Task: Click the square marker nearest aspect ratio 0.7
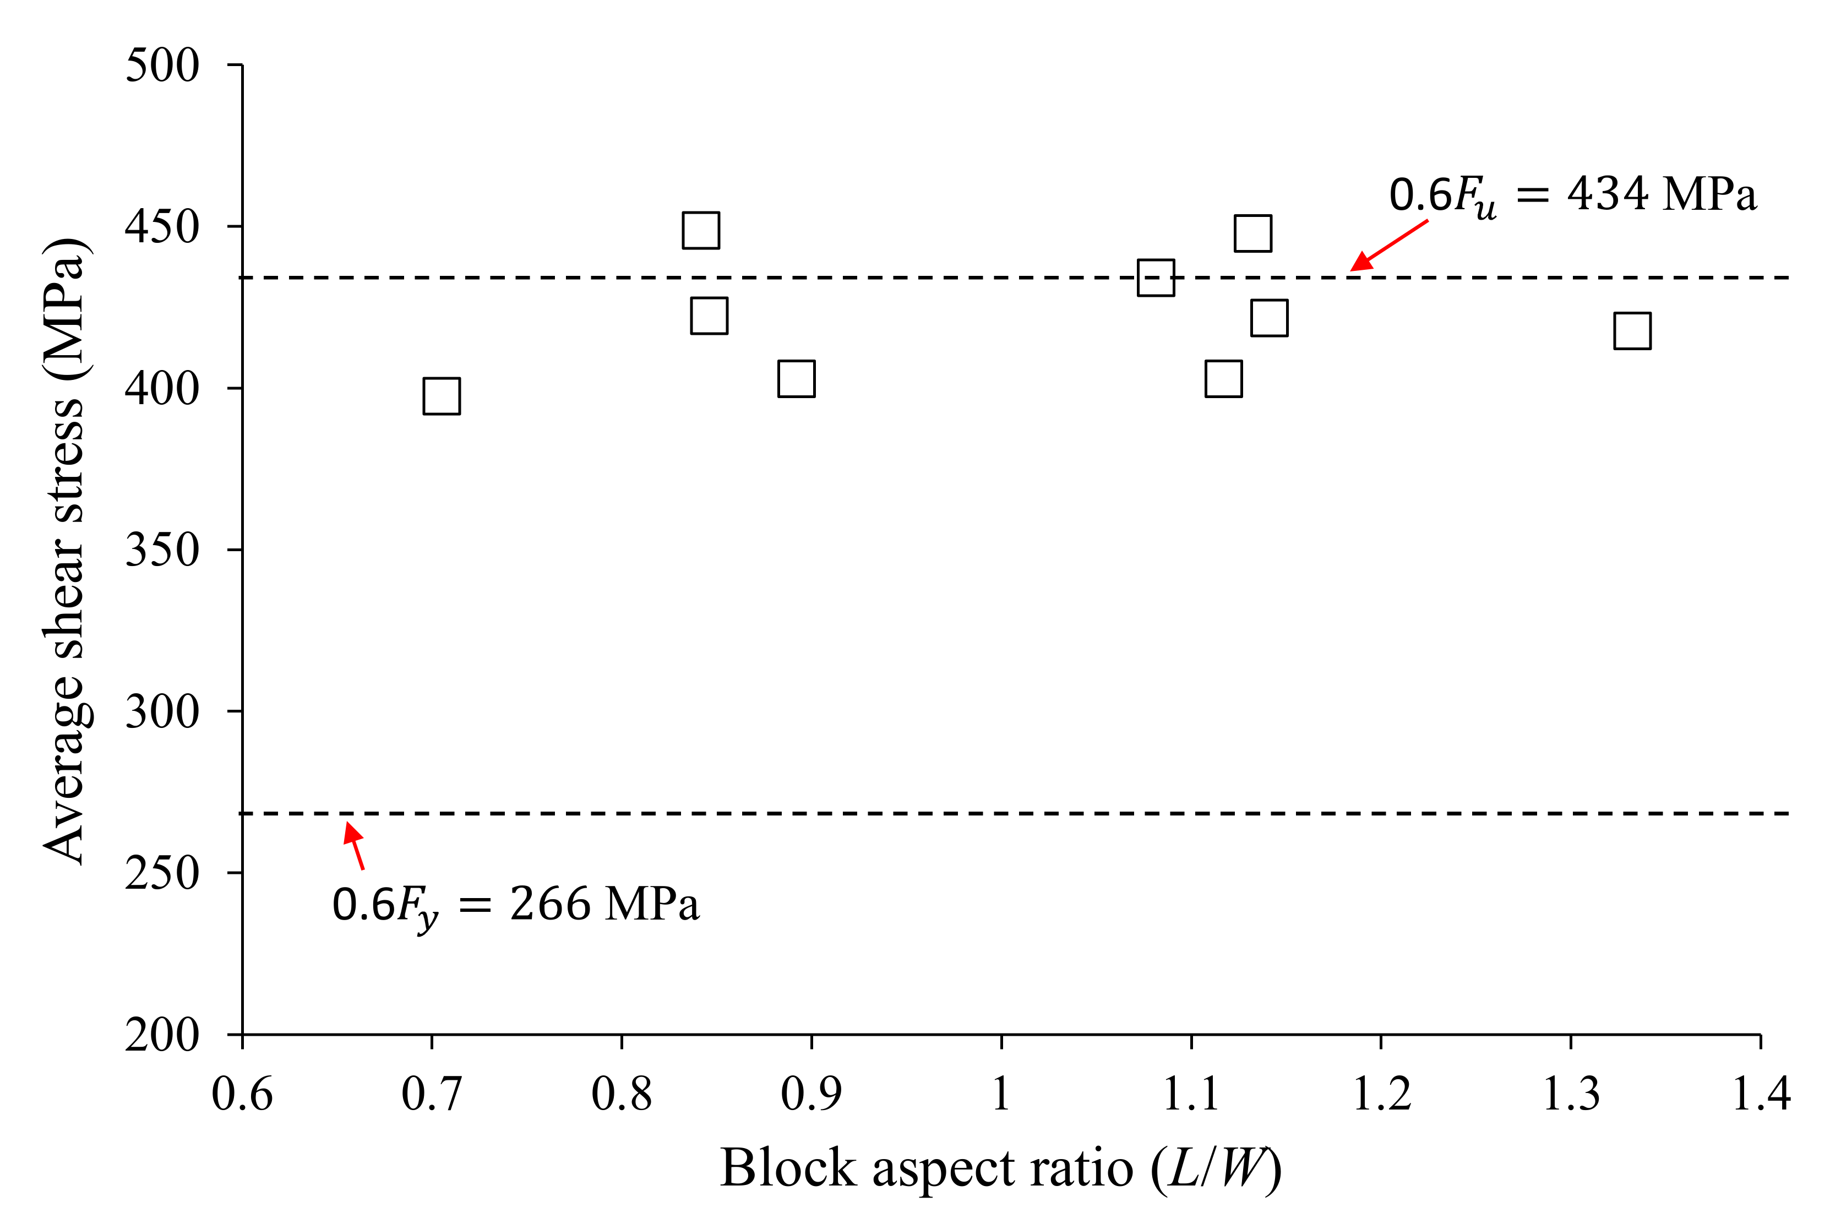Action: [441, 396]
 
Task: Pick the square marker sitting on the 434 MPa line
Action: [1155, 278]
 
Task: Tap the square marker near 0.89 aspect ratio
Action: [796, 379]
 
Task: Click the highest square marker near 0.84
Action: [701, 230]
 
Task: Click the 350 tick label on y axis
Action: [162, 550]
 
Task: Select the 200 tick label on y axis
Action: [162, 1035]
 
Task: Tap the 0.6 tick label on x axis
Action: [242, 1094]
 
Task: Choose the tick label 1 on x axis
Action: [1001, 1094]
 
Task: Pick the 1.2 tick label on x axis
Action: [1381, 1094]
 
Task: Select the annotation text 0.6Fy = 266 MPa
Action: [515, 905]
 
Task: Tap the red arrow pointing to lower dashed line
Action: [354, 846]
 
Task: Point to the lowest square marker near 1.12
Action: [1223, 379]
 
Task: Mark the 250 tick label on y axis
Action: [162, 873]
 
